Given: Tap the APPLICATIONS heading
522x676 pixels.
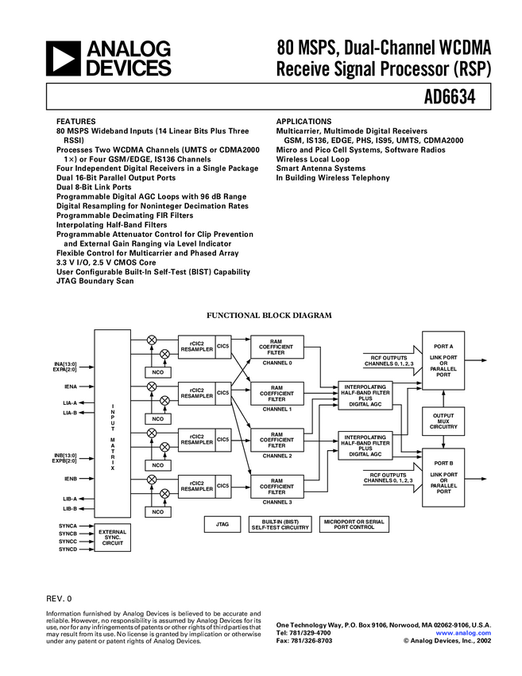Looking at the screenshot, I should (304, 122).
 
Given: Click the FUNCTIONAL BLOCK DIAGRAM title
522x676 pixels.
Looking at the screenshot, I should (269, 316).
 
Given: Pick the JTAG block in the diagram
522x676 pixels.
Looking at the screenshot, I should (222, 524).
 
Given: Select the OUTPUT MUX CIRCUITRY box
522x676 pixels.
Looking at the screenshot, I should (443, 422).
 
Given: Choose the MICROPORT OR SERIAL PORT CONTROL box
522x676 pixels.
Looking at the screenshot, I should (354, 524).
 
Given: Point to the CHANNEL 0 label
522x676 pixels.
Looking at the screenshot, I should (277, 363).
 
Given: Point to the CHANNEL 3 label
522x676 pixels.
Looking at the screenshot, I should (277, 502).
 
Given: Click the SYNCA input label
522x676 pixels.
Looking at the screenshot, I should (68, 526).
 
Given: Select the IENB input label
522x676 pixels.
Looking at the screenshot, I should (71, 479).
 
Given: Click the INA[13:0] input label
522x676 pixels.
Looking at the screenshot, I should (65, 364).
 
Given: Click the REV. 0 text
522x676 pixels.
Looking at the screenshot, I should (59, 597).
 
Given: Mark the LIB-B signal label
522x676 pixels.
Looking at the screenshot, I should (70, 508).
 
